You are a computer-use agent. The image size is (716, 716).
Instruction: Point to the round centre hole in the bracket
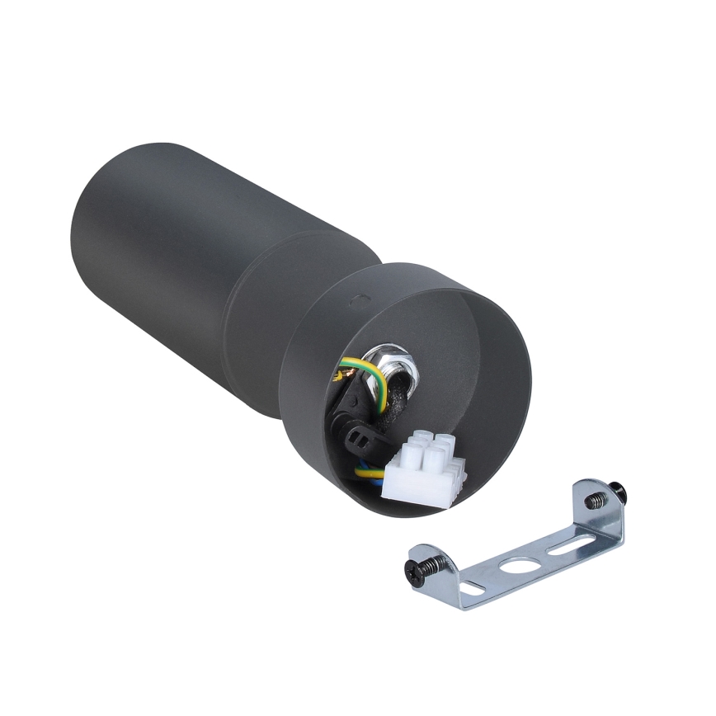coord(519,568)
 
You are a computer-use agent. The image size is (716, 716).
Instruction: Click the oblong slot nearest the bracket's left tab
coord(473,587)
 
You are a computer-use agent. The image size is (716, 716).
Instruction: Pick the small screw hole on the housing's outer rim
coord(356,301)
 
